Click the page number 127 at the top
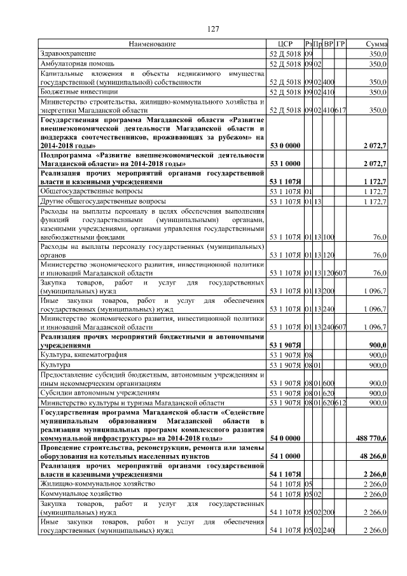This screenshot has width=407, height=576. (213, 29)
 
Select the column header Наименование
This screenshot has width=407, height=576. (152, 44)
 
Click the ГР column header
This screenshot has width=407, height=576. (340, 44)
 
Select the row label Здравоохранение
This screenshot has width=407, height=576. (68, 53)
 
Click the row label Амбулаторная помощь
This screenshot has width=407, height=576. (77, 64)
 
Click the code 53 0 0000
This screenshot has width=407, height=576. (284, 146)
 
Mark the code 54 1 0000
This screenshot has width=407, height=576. (284, 456)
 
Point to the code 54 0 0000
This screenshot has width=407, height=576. (284, 439)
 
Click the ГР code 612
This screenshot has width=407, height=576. (340, 403)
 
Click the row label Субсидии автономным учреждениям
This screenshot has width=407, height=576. (100, 393)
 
